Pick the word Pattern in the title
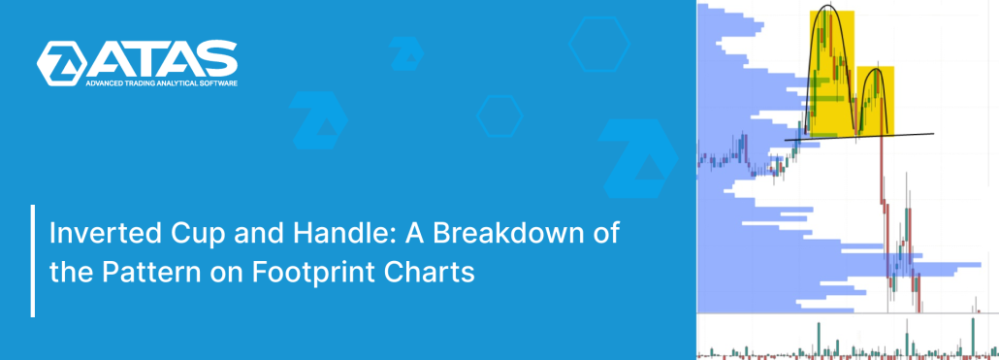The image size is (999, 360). click(x=139, y=272)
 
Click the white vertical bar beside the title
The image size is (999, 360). click(x=33, y=260)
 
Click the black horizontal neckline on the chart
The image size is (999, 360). click(x=858, y=137)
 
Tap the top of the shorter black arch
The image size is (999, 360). click(x=876, y=69)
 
